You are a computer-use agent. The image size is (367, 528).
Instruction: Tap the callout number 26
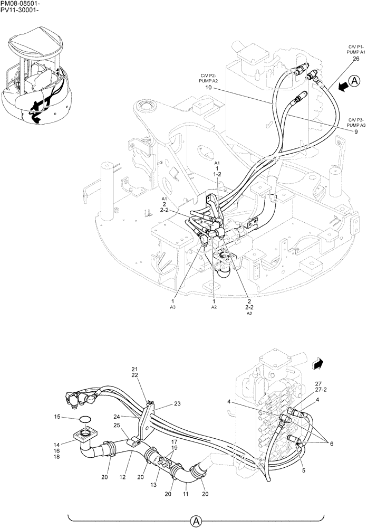click(x=356, y=59)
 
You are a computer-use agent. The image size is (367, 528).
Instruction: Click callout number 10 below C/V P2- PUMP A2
click(x=208, y=87)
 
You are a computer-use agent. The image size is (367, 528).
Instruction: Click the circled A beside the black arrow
click(x=354, y=81)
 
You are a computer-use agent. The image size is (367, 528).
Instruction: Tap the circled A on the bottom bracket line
click(x=195, y=521)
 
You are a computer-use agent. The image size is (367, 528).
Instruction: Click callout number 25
click(x=117, y=426)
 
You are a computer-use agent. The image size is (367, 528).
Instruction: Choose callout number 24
click(x=118, y=416)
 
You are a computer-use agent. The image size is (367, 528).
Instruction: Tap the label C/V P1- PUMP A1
click(x=356, y=50)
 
